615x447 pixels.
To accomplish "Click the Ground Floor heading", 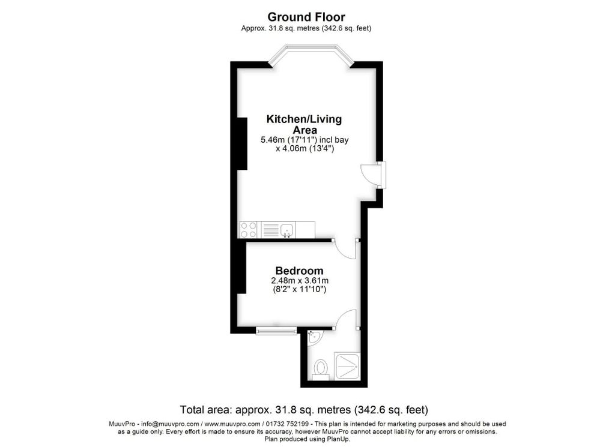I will coord(306,17).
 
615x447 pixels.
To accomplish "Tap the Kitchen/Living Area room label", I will coord(304,124).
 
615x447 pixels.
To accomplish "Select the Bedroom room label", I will coord(299,271).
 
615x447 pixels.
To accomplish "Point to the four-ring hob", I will coord(249,230).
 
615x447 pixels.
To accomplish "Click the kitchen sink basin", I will coord(288,229).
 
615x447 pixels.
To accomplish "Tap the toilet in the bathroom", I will coord(321,367).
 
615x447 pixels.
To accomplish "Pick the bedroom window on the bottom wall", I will coord(276,330).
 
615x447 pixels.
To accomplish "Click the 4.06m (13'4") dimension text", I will coord(304,149).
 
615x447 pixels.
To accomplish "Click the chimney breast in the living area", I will coord(242,143).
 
